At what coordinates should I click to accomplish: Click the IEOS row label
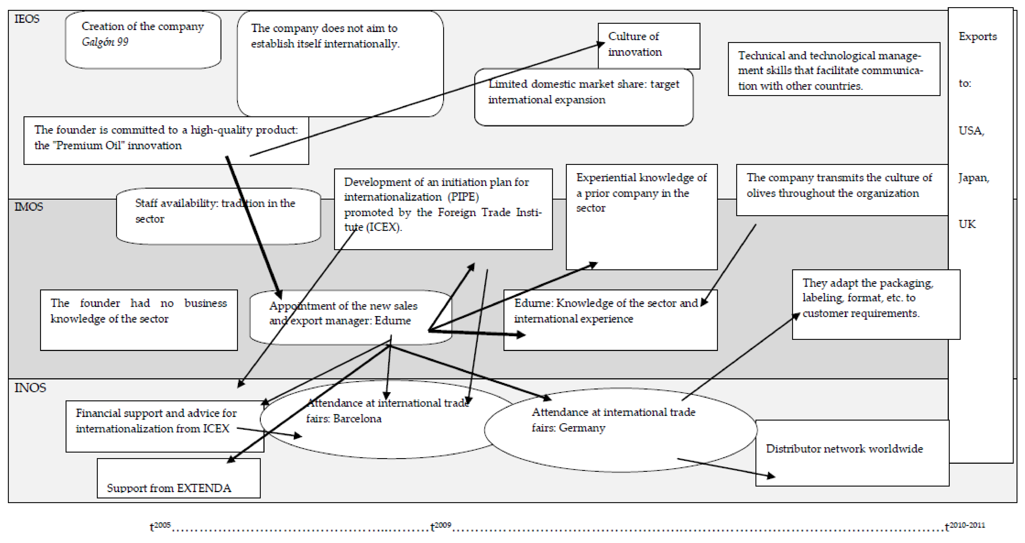pyautogui.click(x=27, y=19)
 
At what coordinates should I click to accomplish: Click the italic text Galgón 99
pyautogui.click(x=105, y=42)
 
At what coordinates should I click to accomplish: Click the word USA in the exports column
pyautogui.click(x=971, y=131)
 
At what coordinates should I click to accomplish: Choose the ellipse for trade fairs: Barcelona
pyautogui.click(x=382, y=434)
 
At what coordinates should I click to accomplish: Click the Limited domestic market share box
pyautogui.click(x=583, y=104)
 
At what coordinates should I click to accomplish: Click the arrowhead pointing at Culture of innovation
pyautogui.click(x=601, y=44)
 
